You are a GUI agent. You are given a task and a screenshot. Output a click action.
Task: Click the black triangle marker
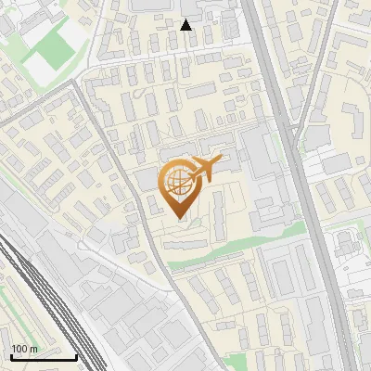click(x=186, y=25)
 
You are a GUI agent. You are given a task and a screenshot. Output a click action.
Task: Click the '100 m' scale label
click(x=25, y=349)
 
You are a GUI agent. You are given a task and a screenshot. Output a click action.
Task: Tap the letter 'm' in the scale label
click(x=34, y=349)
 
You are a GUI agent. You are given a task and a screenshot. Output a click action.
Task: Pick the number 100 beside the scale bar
click(x=19, y=349)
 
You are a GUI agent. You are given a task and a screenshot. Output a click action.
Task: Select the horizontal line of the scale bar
click(x=43, y=356)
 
